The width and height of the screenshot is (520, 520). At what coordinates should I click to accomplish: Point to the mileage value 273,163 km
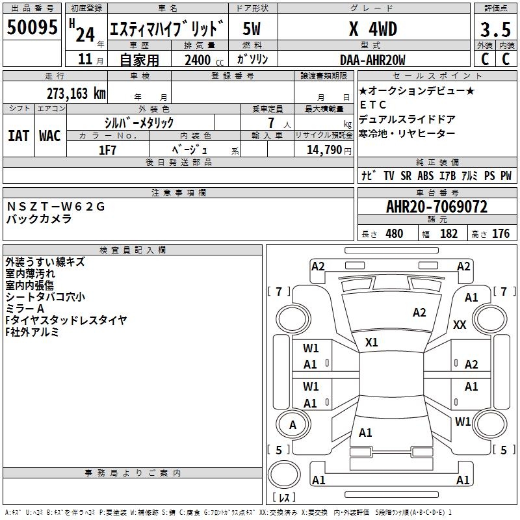(76, 93)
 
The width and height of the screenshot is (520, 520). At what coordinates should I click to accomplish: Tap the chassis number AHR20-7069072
(436, 207)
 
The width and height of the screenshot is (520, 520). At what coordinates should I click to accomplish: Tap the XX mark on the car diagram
(460, 325)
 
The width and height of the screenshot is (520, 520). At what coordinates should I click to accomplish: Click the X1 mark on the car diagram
(372, 342)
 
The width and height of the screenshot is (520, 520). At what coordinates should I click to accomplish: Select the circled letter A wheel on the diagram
(292, 425)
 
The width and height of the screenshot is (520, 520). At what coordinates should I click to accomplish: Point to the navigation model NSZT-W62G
(55, 207)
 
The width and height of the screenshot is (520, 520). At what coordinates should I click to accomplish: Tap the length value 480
(394, 233)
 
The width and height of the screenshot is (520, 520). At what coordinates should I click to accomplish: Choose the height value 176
(500, 233)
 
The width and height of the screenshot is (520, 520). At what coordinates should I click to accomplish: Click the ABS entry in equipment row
(426, 175)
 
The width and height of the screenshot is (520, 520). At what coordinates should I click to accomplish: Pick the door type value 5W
(252, 29)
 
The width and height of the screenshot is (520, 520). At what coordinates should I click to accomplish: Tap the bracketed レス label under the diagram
(284, 499)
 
